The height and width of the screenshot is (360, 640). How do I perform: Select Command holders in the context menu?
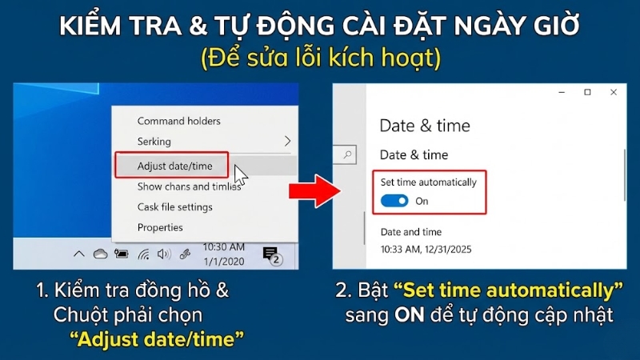click(x=178, y=121)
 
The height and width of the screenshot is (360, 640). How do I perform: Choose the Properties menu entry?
click(x=160, y=227)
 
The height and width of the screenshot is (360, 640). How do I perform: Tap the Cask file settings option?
click(x=174, y=206)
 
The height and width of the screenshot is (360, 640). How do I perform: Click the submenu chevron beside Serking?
click(x=288, y=142)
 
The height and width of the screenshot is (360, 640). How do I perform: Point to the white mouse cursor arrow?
click(x=240, y=174)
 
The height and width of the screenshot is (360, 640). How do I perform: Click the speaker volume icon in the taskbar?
click(x=164, y=254)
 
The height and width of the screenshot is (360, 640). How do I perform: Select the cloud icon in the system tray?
click(x=100, y=254)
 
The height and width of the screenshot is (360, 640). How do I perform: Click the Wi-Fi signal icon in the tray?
click(x=144, y=254)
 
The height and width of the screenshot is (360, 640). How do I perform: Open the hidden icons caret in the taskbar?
click(x=79, y=254)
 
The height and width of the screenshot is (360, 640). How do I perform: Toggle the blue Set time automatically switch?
click(x=395, y=201)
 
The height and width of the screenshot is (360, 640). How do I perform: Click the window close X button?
click(x=614, y=93)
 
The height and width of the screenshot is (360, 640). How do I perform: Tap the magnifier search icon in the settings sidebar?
click(x=347, y=154)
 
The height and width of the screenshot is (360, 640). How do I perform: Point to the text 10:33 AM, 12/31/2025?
click(x=425, y=249)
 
